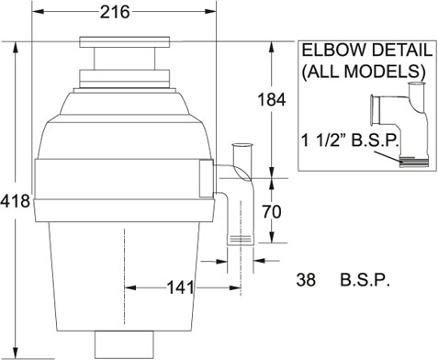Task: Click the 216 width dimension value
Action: pyautogui.click(x=115, y=12)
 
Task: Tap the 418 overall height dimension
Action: pyautogui.click(x=16, y=201)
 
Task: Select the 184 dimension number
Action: pyautogui.click(x=272, y=99)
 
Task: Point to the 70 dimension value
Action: pyautogui.click(x=272, y=212)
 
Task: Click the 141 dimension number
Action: pyautogui.click(x=180, y=287)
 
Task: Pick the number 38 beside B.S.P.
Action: pyautogui.click(x=306, y=280)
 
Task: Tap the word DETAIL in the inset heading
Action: pyautogui.click(x=400, y=50)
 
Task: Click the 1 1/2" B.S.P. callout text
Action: pyautogui.click(x=351, y=141)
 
